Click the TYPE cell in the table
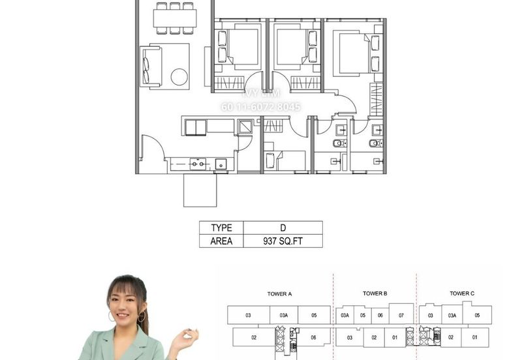tap(221, 228)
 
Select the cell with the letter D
tap(283, 228)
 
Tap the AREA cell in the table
tap(221, 241)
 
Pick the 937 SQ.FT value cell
tap(283, 241)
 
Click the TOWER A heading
tap(279, 293)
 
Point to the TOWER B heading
tap(375, 293)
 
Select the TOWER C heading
tap(462, 293)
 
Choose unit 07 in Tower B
tap(401, 315)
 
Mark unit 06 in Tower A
tap(314, 337)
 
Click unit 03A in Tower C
tap(450, 315)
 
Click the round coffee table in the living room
tap(179, 77)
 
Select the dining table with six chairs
tap(174, 18)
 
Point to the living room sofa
tap(150, 65)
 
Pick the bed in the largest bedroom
tap(353, 53)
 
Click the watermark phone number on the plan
tap(261, 107)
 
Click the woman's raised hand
tap(189, 338)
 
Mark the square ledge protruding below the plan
tap(200, 190)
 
